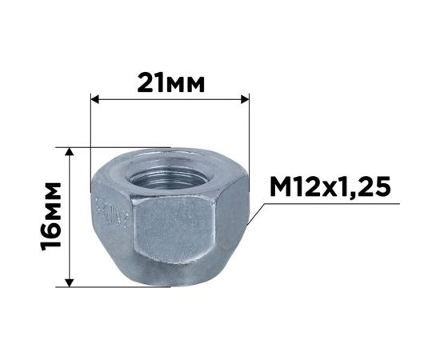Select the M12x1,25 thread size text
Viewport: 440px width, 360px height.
[x=329, y=188]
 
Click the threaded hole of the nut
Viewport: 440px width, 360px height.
[x=170, y=170]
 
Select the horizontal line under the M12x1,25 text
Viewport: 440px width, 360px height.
[x=336, y=205]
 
